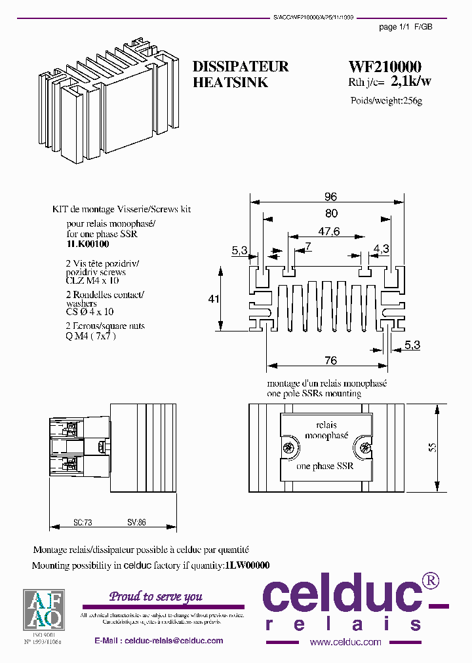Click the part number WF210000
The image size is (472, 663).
tap(385, 67)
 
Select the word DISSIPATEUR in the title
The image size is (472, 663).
tap(241, 67)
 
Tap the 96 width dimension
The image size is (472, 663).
tap(330, 197)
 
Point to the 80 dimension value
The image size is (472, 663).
tap(330, 213)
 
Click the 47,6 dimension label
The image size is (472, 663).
tap(328, 231)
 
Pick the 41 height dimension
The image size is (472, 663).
tap(213, 299)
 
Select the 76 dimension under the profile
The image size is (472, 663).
tap(331, 361)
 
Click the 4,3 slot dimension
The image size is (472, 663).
tap(381, 249)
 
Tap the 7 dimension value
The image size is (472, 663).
tap(307, 246)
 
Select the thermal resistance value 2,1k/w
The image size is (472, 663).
tap(411, 82)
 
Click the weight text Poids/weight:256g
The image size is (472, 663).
tap(387, 101)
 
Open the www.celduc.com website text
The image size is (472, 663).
tap(345, 642)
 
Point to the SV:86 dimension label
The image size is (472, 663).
tap(136, 523)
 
